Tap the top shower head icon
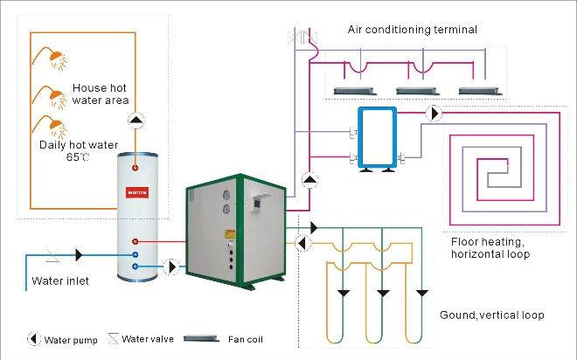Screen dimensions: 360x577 point(57,59)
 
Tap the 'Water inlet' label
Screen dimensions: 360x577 point(60,280)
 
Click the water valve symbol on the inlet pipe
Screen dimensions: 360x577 point(50,254)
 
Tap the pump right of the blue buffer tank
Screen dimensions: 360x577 point(434,114)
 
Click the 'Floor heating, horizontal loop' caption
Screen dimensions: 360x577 point(490,247)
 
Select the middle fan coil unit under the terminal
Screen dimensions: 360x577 point(415,90)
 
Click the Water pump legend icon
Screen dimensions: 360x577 point(32,339)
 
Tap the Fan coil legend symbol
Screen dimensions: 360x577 point(215,339)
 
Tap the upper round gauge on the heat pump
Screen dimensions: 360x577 point(226,195)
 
